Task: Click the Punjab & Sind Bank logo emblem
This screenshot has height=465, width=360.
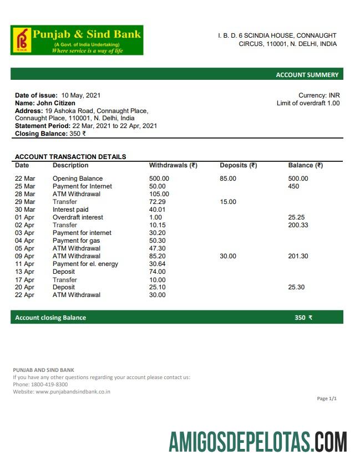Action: click(22, 40)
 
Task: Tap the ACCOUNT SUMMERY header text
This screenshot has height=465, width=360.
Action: click(307, 75)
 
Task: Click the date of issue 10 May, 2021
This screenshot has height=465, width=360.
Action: click(81, 95)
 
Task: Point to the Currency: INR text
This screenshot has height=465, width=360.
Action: click(319, 95)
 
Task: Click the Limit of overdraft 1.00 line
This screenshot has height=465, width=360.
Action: click(308, 103)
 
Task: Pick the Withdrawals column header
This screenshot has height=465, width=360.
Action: click(173, 165)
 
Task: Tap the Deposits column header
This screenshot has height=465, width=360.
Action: click(238, 165)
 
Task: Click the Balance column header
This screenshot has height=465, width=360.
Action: click(305, 165)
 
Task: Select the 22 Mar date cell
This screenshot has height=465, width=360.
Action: click(25, 178)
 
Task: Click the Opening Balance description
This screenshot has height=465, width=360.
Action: click(78, 178)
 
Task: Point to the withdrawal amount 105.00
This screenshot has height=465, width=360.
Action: click(159, 194)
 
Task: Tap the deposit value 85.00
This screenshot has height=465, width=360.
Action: click(228, 178)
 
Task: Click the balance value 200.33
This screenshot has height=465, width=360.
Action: click(298, 225)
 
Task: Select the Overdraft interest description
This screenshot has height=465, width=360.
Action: click(78, 217)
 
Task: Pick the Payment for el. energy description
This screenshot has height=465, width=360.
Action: click(85, 264)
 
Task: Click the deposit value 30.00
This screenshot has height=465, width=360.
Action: click(228, 256)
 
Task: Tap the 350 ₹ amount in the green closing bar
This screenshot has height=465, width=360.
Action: click(303, 318)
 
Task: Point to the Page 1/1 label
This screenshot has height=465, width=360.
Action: click(327, 398)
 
